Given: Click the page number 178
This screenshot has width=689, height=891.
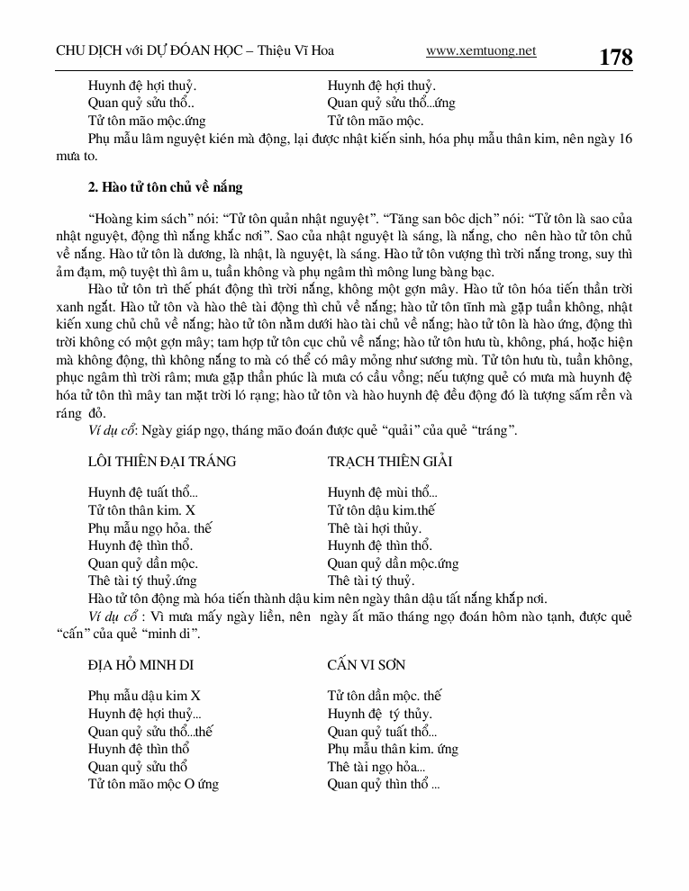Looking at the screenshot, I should point(615,58).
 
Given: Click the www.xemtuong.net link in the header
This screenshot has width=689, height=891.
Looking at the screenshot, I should point(480,51).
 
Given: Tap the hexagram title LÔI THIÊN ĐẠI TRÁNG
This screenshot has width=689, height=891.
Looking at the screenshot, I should point(162,462).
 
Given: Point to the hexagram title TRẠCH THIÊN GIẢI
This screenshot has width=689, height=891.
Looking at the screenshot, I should point(390,462).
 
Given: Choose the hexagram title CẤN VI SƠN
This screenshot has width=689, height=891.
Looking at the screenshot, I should point(367,665).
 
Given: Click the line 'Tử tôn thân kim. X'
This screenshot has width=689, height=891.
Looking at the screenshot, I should point(141,510).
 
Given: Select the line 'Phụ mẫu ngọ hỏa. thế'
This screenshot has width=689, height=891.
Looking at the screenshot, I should point(150,528).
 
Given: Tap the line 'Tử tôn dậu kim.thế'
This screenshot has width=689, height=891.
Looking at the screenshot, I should point(381,510).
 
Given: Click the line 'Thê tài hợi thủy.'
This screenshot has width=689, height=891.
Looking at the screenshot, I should point(374,528).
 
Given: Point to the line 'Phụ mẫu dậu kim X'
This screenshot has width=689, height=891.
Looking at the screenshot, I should point(144,696).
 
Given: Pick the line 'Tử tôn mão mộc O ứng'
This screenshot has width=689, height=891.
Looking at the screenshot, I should point(153,784).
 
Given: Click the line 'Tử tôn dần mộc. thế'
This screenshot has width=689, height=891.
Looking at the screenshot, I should point(385,696).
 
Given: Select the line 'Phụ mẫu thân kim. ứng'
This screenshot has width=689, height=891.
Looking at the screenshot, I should point(393,749).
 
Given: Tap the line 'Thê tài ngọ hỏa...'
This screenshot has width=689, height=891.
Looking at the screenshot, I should point(376,767).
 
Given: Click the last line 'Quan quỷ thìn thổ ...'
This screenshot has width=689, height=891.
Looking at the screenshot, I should point(384,784).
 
